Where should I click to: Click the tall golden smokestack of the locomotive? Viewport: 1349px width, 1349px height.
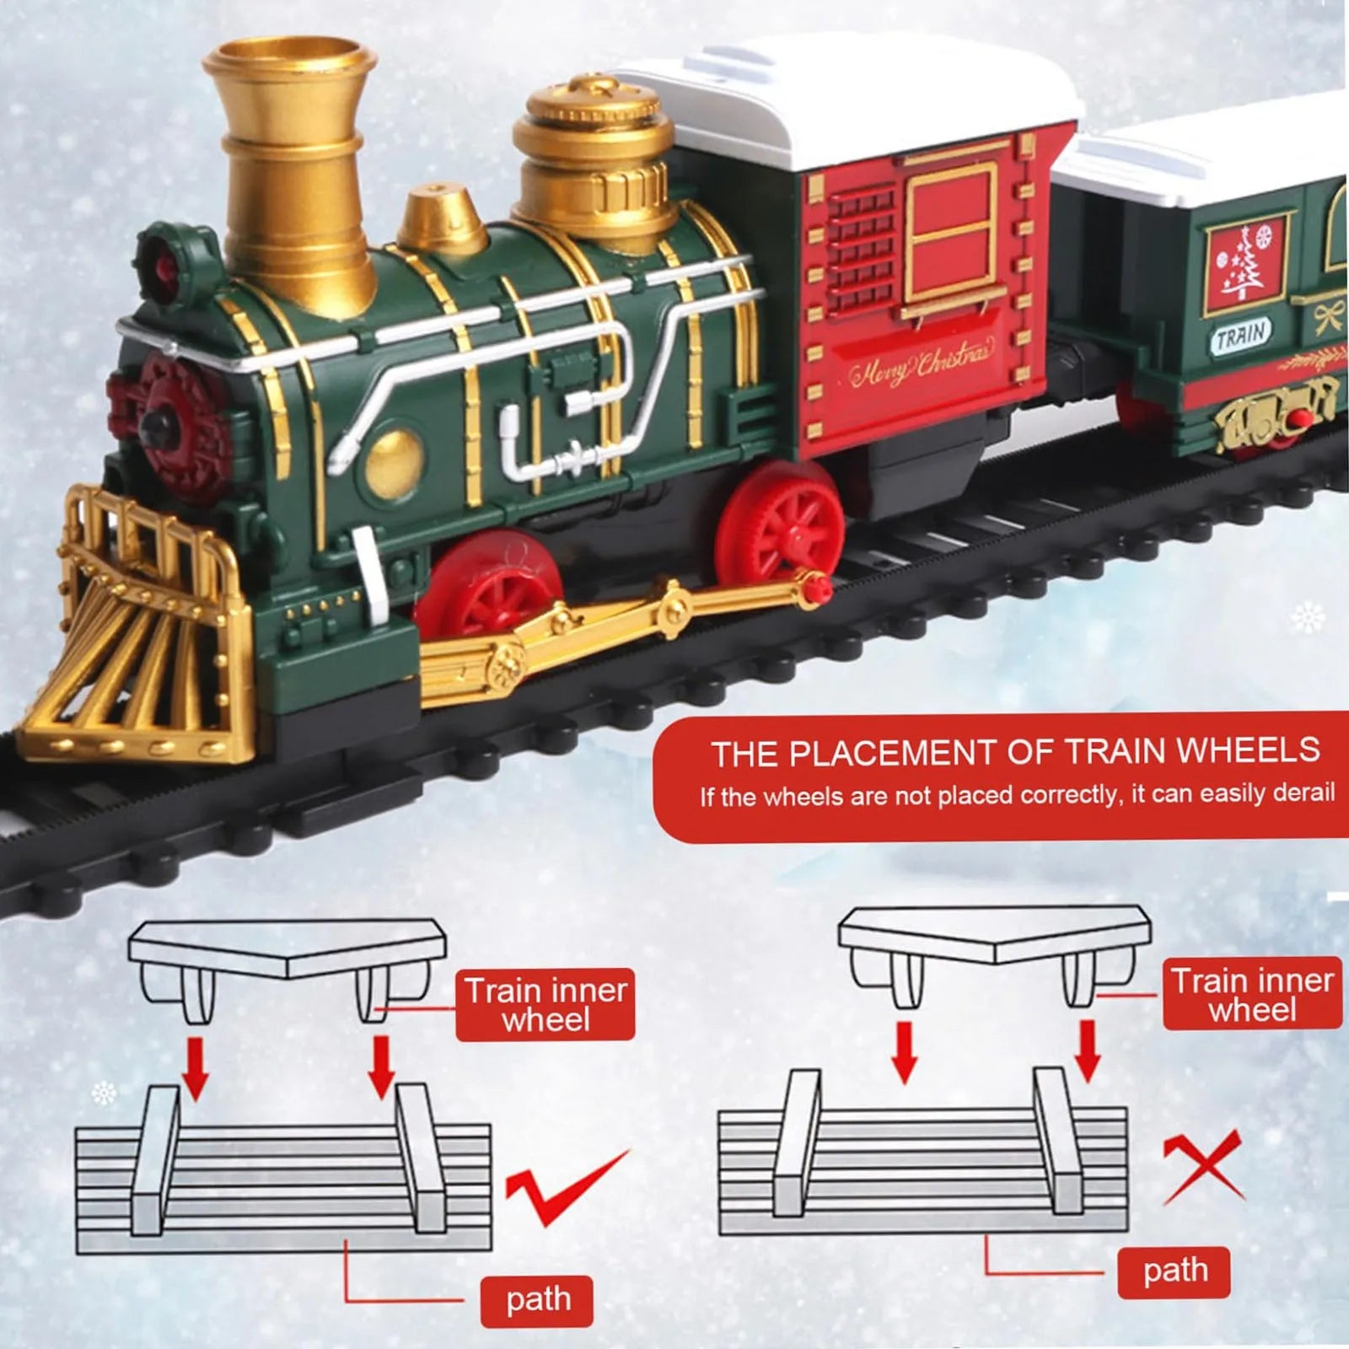pos(291,169)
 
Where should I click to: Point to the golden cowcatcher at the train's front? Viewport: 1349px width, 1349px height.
pos(135,641)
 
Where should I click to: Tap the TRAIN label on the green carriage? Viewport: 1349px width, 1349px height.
pos(1240,336)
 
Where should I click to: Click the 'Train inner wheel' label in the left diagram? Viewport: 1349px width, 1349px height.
pos(546,1004)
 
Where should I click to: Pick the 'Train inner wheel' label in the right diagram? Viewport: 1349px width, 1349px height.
pos(1252,994)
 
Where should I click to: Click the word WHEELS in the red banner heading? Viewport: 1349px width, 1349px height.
pos(1248,750)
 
